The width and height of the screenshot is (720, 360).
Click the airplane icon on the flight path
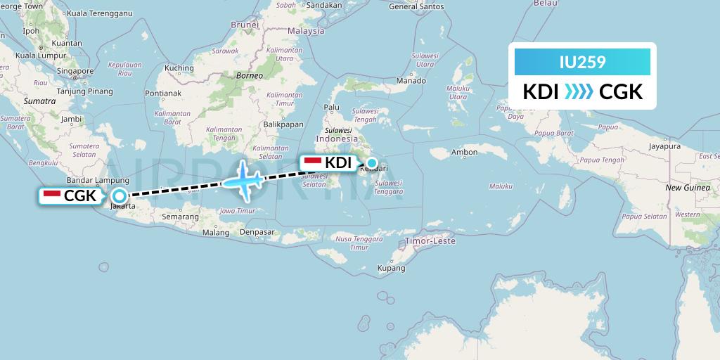coord(242,179)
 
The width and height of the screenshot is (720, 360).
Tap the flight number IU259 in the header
coord(583,62)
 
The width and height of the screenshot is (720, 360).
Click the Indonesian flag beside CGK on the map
coord(51,194)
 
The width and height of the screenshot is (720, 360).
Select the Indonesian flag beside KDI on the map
coord(313,162)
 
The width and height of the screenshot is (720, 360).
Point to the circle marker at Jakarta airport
coord(120,196)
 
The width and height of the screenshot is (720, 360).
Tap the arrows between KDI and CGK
coord(579,92)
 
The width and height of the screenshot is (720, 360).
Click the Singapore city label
coord(76,71)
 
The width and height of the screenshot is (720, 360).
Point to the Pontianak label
coord(163,93)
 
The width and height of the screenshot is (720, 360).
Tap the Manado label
coord(411,80)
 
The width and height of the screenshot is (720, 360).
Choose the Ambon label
coord(465,152)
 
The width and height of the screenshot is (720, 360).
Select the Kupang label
coord(391,268)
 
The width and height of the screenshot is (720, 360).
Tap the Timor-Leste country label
coord(430,241)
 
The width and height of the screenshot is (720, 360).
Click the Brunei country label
coord(245,25)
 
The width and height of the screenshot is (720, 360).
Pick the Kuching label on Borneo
coord(179,68)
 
